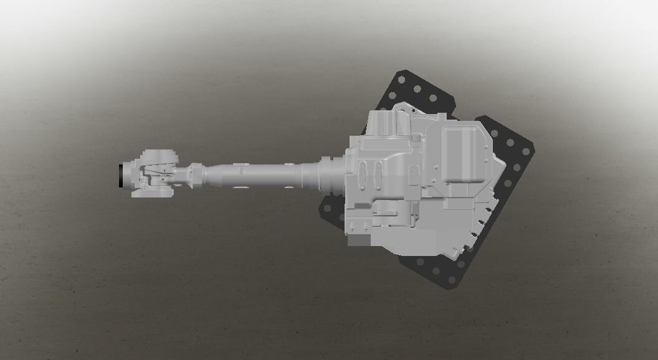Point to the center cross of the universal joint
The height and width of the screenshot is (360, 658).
[x=161, y=175]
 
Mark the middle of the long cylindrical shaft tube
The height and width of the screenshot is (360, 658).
[x=262, y=175]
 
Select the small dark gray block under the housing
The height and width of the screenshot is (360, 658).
[x=360, y=240]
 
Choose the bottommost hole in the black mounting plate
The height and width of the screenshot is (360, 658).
[x=448, y=280]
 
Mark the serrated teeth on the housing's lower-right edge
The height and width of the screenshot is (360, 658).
[x=480, y=224]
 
